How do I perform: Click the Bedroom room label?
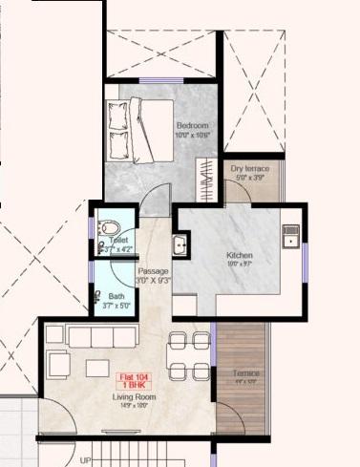(x=192, y=125)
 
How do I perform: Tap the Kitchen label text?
(x=239, y=255)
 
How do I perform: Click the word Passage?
(x=153, y=272)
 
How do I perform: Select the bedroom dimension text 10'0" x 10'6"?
(x=192, y=136)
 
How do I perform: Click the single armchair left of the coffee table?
(x=57, y=364)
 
